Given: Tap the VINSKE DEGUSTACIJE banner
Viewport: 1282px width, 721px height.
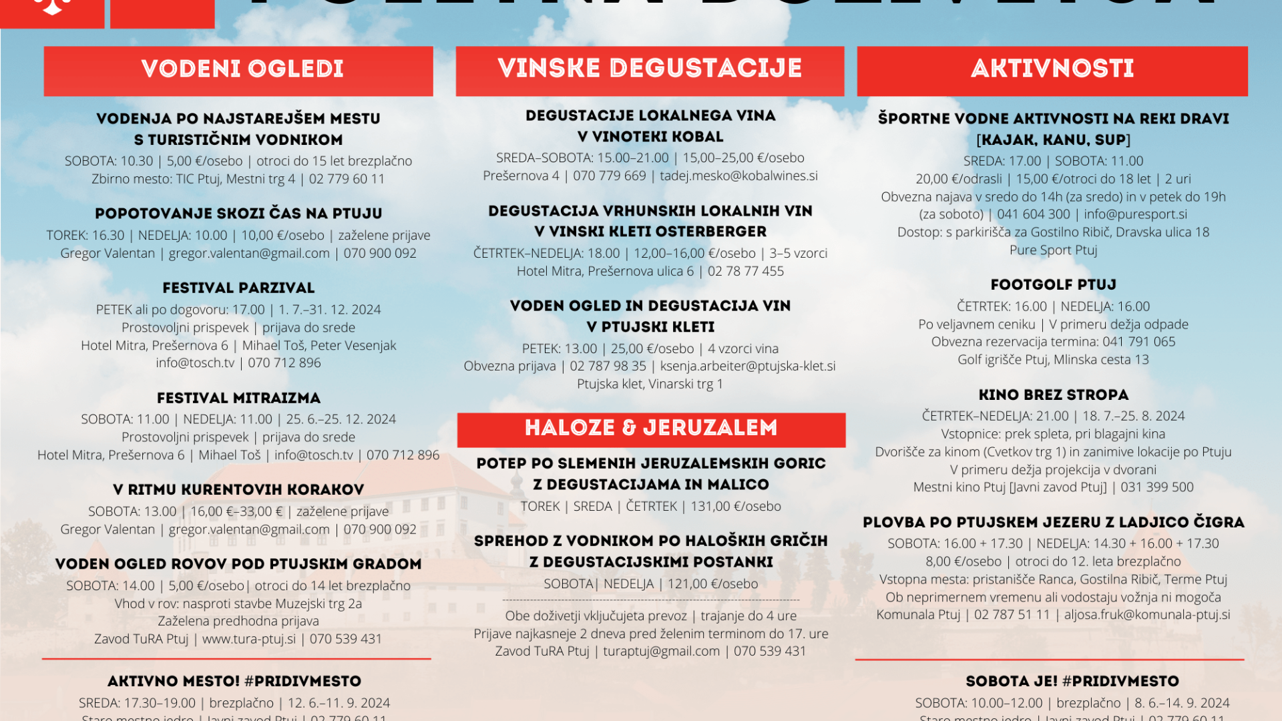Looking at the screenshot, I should (x=650, y=69).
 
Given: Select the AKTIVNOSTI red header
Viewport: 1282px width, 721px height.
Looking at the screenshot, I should (x=1052, y=69).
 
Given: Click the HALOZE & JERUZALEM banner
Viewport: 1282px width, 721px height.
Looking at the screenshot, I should (x=651, y=429).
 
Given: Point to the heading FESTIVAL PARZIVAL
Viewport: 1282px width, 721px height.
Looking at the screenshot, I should (x=238, y=288).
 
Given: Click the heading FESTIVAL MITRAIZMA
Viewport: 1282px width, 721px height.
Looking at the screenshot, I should (x=238, y=399).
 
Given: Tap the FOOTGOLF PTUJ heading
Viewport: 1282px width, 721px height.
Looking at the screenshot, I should (x=1053, y=285).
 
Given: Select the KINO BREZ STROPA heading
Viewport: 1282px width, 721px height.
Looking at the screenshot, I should (x=1053, y=395).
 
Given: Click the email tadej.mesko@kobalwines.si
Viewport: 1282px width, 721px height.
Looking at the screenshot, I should (x=738, y=176).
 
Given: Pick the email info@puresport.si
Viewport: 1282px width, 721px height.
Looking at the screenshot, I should (x=1135, y=214).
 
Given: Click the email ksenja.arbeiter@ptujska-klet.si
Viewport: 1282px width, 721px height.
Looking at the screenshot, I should (x=748, y=367).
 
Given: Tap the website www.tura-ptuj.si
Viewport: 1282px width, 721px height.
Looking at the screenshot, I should (x=248, y=640).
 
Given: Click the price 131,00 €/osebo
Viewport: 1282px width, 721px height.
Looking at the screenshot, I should (x=736, y=507).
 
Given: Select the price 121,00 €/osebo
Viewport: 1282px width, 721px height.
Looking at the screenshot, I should (x=712, y=584).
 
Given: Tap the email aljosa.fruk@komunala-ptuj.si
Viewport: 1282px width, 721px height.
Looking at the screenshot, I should (x=1146, y=615).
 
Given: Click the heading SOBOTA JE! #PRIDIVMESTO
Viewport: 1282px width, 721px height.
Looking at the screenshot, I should (x=1072, y=682).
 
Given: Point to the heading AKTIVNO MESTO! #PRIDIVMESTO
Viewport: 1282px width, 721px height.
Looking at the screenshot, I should (x=234, y=682).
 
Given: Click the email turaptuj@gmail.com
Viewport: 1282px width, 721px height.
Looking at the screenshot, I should (x=661, y=652).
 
